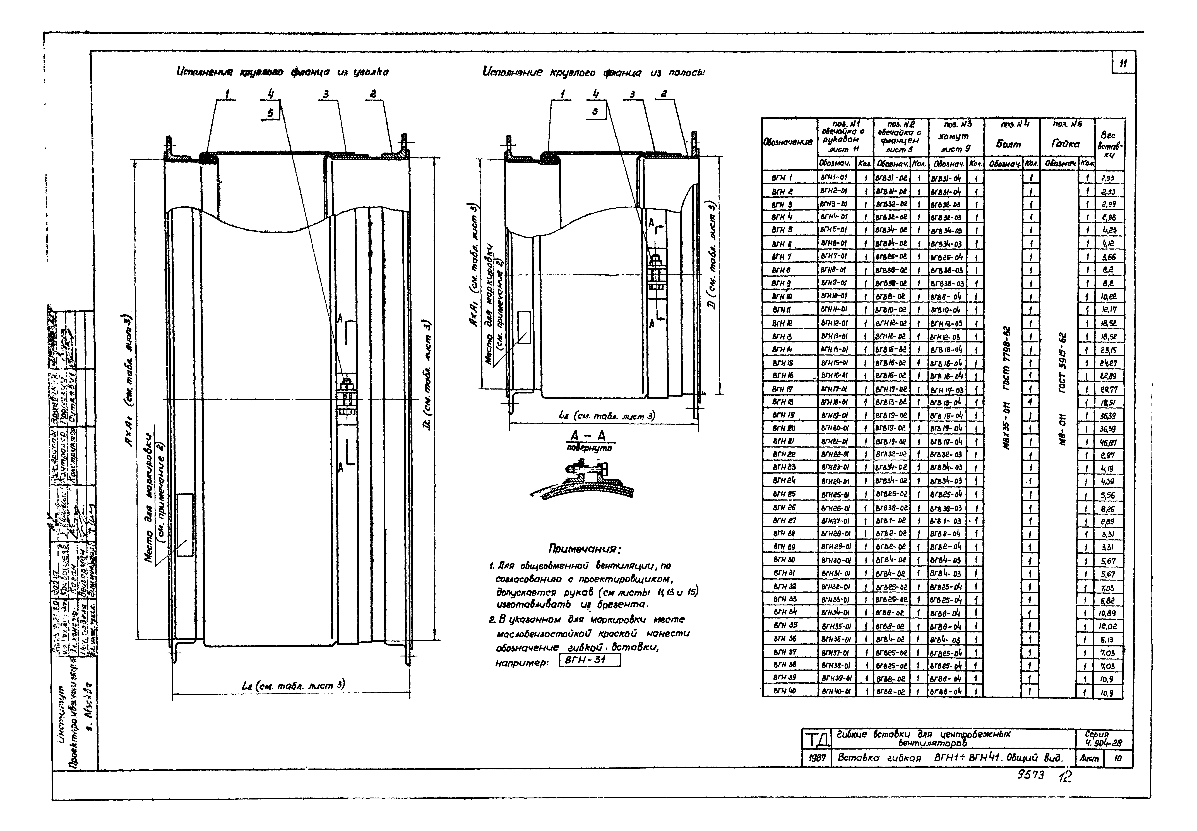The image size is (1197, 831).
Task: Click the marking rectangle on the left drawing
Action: click(x=185, y=525)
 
